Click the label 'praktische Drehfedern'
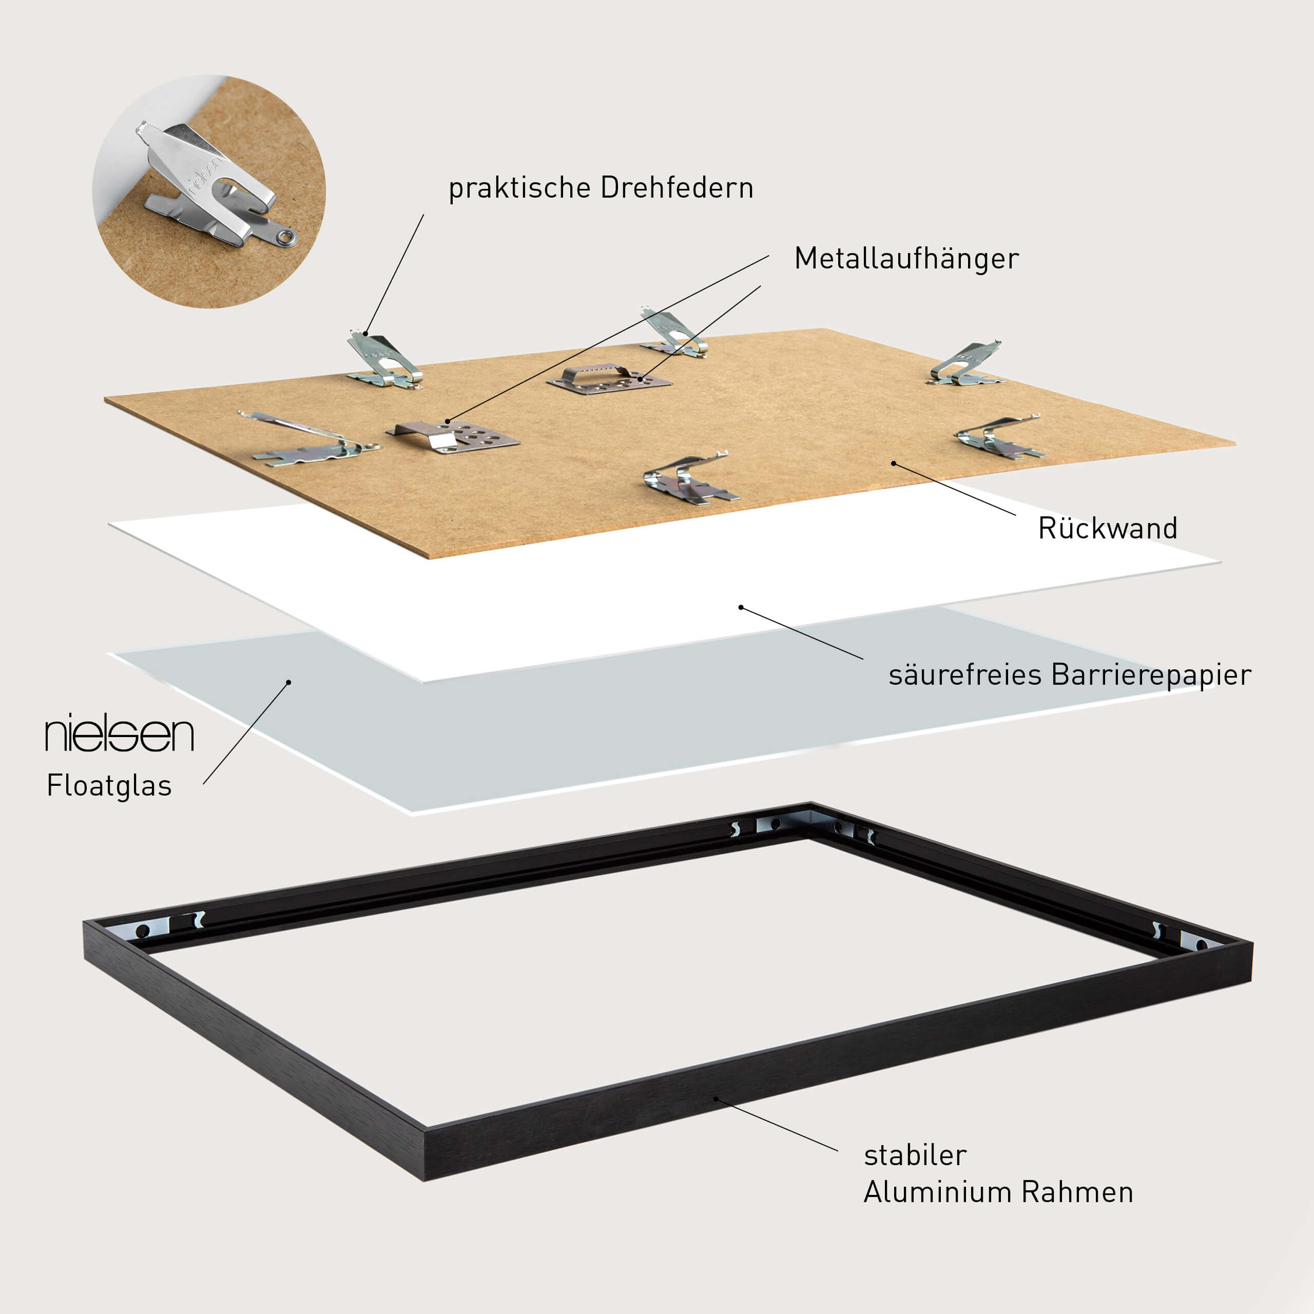[x=601, y=188]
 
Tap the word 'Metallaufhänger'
[x=906, y=259]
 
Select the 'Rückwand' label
[x=1107, y=529]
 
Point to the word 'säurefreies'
[x=965, y=674]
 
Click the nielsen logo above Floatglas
[x=120, y=733]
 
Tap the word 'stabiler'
[x=915, y=1155]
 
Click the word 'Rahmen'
[x=1077, y=1192]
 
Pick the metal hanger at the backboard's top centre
[x=609, y=379]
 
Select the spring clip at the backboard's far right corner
[x=966, y=364]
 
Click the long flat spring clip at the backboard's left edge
[x=310, y=439]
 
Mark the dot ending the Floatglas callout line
[x=288, y=682]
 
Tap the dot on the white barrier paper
[x=741, y=607]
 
